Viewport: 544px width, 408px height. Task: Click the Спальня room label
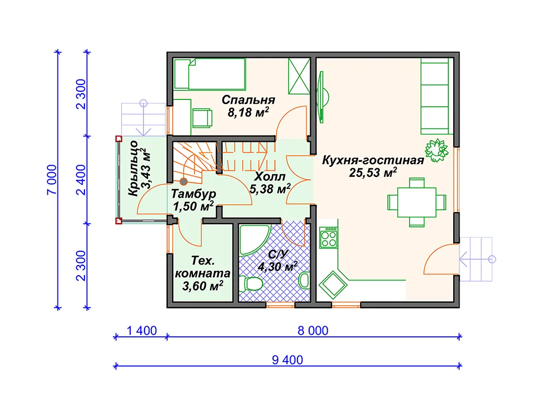click(x=249, y=100)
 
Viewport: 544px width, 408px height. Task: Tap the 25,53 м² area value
click(x=373, y=173)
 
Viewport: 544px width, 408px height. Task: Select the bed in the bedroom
click(x=210, y=74)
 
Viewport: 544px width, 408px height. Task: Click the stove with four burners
click(x=328, y=237)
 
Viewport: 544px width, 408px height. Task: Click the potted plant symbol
click(x=437, y=150)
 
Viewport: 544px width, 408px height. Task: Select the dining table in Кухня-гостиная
click(x=416, y=202)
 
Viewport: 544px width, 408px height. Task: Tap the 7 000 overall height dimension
click(x=52, y=180)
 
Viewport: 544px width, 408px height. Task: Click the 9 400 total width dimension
click(x=287, y=360)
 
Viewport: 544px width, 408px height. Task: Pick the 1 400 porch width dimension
click(x=141, y=330)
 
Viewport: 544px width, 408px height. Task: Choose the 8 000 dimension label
click(x=313, y=330)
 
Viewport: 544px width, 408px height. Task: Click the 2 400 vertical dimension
click(x=81, y=180)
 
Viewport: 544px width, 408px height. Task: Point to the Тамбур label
click(x=193, y=193)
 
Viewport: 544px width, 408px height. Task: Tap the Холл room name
click(x=270, y=176)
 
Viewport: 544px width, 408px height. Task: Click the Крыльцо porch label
click(x=133, y=168)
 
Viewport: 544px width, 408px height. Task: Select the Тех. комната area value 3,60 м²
click(x=202, y=286)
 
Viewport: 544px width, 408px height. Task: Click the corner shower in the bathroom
click(x=254, y=240)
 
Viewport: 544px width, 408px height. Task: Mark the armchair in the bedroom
click(x=202, y=118)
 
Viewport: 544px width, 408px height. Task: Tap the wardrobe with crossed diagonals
click(x=299, y=76)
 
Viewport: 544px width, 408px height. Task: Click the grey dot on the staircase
click(x=183, y=182)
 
